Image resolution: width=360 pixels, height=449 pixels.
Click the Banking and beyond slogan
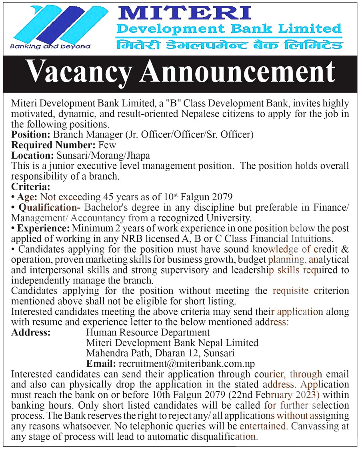(50, 46)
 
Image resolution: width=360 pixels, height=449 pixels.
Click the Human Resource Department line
(148, 332)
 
